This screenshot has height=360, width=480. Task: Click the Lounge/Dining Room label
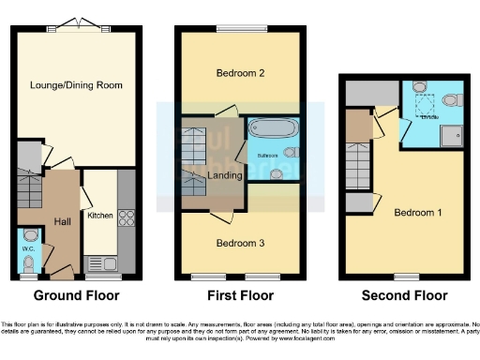[77, 85]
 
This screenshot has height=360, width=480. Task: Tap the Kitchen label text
[100, 216]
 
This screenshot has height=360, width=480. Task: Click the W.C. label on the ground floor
[28, 249]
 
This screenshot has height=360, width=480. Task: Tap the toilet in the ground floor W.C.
[29, 236]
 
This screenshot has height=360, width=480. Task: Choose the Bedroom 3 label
[240, 244]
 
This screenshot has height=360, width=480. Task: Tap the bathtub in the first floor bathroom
[271, 129]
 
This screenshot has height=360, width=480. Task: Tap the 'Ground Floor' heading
[77, 294]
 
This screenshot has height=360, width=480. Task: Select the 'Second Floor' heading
[406, 294]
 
